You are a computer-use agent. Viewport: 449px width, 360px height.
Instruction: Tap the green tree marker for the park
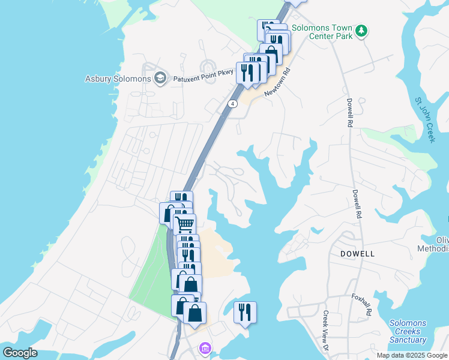tap(361, 30)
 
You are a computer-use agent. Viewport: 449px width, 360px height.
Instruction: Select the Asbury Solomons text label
tap(118, 79)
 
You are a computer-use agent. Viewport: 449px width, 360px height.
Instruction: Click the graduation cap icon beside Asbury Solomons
tap(160, 78)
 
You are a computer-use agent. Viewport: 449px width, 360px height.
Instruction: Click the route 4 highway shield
tap(233, 103)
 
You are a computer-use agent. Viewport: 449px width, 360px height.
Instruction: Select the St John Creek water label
tap(424, 120)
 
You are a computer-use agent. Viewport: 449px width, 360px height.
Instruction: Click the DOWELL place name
tap(357, 254)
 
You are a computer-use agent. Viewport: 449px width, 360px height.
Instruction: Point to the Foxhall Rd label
tap(362, 305)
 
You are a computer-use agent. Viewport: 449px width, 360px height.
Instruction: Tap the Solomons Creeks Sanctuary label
tap(408, 331)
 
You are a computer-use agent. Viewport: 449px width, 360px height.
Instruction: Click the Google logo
tap(21, 352)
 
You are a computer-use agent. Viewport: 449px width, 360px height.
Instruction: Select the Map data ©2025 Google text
tap(411, 355)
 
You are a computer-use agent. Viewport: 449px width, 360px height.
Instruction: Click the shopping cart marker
tap(185, 224)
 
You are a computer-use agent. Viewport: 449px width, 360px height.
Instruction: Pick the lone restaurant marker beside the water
tap(245, 311)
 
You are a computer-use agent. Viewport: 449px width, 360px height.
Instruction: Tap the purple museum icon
tap(205, 349)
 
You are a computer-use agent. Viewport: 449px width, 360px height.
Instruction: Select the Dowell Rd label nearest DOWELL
tap(358, 204)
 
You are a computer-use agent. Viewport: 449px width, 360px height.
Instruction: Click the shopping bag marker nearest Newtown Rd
tap(271, 53)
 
